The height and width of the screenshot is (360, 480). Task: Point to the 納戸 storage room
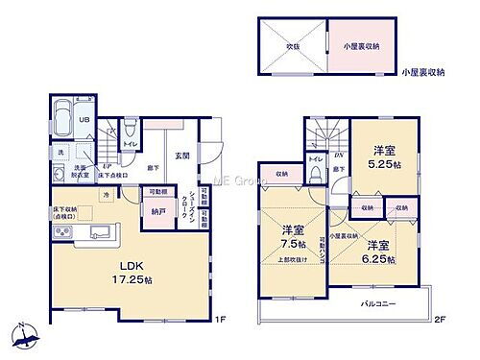pos(156,213)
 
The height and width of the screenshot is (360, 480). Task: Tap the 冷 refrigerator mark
pos(106,195)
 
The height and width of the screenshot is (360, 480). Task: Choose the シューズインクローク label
pos(194,206)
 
